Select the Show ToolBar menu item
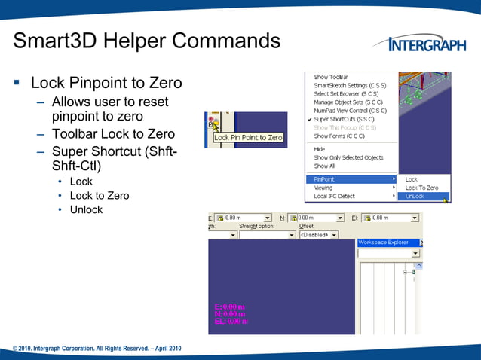(332, 77)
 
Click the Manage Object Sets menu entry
(348, 102)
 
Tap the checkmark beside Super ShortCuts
(309, 119)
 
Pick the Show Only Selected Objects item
(348, 157)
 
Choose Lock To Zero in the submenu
(421, 188)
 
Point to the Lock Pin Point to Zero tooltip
(248, 138)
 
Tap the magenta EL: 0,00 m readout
(231, 321)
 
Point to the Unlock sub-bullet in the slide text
(86, 209)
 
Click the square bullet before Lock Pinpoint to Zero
(17, 82)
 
